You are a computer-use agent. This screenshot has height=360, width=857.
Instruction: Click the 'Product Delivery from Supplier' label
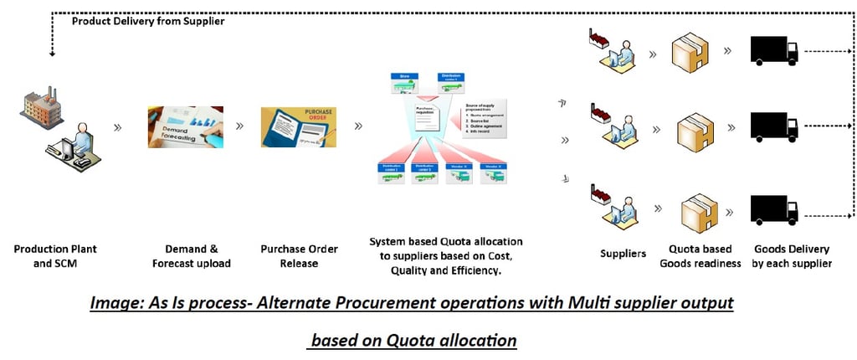[x=146, y=22]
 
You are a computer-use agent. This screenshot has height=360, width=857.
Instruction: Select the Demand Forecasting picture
[x=184, y=126]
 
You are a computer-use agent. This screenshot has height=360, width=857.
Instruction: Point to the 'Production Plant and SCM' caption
[x=54, y=256]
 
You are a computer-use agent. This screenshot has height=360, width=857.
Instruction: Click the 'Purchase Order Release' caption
[x=300, y=256]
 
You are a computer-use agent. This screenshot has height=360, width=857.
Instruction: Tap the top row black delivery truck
[x=773, y=50]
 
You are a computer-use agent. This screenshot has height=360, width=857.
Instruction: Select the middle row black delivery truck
[x=773, y=126]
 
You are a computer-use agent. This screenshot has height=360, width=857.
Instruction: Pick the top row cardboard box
[x=694, y=52]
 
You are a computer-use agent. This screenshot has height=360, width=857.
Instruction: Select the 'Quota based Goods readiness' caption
[x=700, y=256]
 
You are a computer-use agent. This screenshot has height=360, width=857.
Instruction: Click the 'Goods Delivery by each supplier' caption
[x=792, y=256]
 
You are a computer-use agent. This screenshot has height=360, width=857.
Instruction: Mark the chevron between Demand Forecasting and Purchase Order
[x=240, y=126]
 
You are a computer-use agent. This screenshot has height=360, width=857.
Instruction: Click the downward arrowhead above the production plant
[x=52, y=54]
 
